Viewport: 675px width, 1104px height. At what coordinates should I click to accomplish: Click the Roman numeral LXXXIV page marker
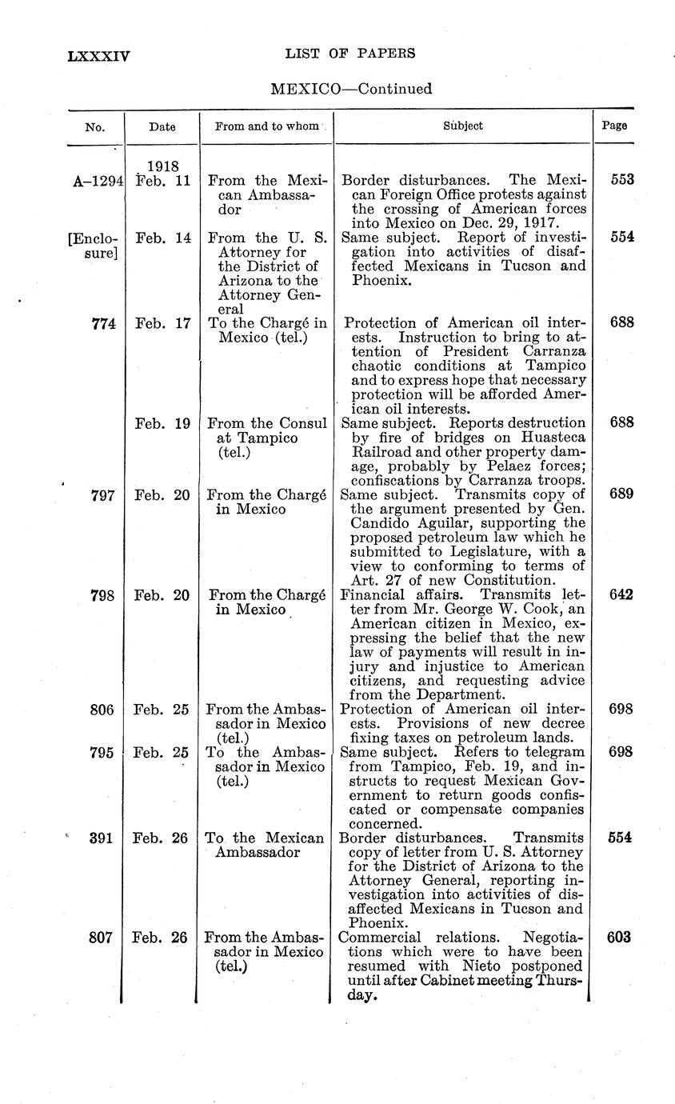tap(99, 55)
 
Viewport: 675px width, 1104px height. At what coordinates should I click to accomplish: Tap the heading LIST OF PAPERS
tap(350, 54)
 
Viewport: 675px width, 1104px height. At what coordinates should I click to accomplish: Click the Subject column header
tap(463, 126)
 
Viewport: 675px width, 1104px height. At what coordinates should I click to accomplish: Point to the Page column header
tap(614, 126)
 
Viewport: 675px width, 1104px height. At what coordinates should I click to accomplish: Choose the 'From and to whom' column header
tap(266, 126)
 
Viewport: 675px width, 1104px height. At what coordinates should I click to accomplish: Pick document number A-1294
tap(96, 180)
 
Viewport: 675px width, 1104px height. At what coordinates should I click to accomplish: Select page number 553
tap(621, 180)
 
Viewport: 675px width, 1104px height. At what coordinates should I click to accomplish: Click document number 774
tap(104, 323)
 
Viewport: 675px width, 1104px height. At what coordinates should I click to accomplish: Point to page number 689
tap(621, 494)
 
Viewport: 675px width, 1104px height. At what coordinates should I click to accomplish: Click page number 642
tap(621, 595)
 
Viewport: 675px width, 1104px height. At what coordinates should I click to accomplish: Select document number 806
tap(104, 710)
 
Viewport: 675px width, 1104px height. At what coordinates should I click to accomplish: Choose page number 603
tap(621, 938)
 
